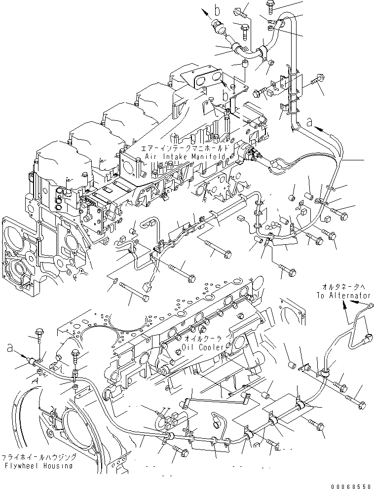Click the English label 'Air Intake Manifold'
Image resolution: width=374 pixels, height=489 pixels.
(187, 156)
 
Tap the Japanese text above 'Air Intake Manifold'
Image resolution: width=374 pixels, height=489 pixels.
(186, 148)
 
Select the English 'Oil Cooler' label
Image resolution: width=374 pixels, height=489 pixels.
(204, 347)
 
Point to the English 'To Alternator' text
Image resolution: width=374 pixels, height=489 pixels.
(343, 295)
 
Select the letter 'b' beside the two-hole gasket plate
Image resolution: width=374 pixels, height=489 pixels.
(225, 95)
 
